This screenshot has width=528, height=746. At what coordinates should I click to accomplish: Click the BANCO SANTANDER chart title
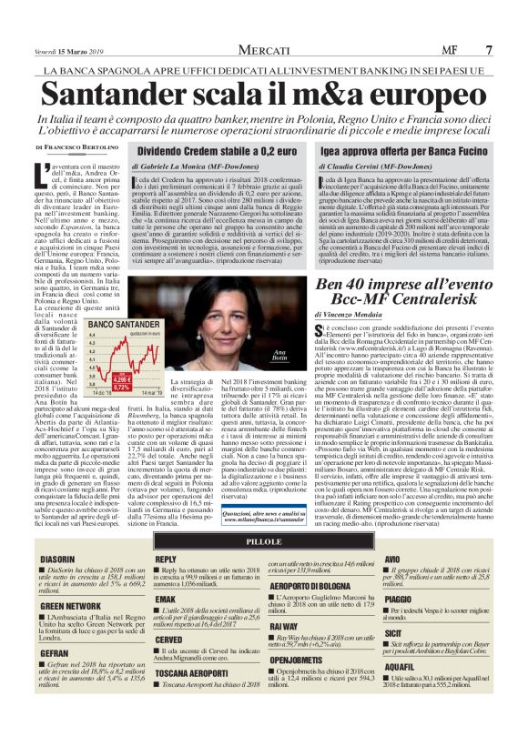[x=118, y=325]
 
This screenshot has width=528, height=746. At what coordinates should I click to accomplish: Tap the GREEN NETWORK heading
[x=71, y=605]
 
